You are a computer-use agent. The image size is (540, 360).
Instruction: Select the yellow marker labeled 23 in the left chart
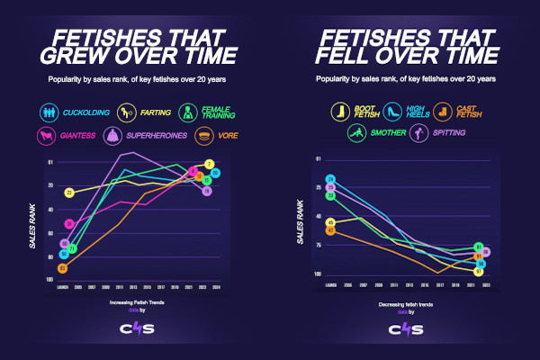point(68,193)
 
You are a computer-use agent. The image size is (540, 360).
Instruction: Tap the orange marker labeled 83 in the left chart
point(62,268)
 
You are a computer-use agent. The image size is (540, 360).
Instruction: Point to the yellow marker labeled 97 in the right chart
point(479,271)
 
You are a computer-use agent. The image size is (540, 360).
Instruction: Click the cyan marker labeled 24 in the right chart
point(330,180)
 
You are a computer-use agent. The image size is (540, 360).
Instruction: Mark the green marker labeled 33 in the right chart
point(330,195)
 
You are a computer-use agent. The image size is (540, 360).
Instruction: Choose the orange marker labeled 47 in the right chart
point(330,230)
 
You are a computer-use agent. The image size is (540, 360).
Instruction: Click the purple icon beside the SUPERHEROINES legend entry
point(114,137)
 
